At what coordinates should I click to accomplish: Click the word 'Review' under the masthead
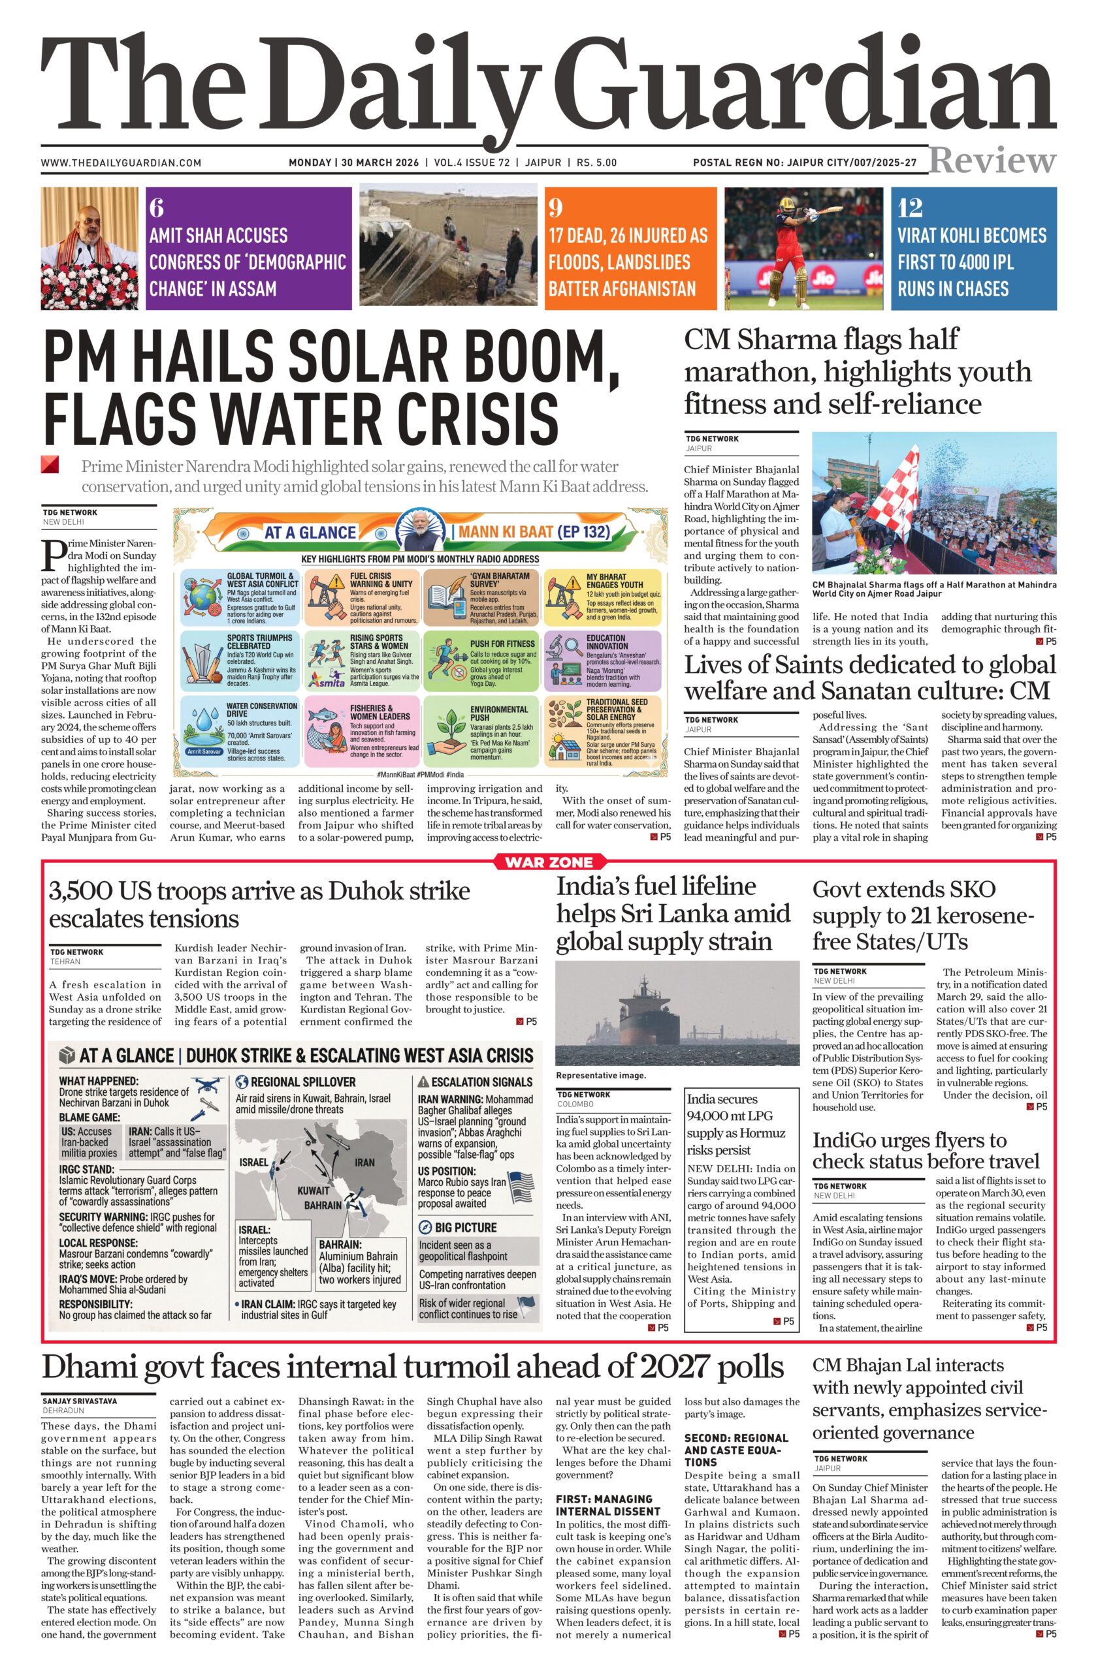pos(992,161)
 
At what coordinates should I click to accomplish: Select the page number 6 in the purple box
pos(156,208)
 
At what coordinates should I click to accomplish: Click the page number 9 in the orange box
pos(556,208)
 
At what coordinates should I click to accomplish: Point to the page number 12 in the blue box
pos(911,208)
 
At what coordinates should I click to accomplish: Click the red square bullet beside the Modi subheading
pos(49,465)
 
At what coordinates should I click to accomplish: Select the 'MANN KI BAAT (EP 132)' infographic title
pos(534,531)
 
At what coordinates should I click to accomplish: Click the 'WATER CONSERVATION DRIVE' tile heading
pos(261,710)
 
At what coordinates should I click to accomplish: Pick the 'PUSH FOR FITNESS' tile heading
pos(502,643)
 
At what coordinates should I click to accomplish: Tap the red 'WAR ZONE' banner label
pos(549,862)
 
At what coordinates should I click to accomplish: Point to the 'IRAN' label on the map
pos(364,1162)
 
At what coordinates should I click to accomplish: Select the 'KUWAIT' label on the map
pos(313,1190)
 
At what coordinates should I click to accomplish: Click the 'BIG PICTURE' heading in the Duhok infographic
pos(465,1227)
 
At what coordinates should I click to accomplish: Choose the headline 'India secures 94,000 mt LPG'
pos(736,1124)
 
